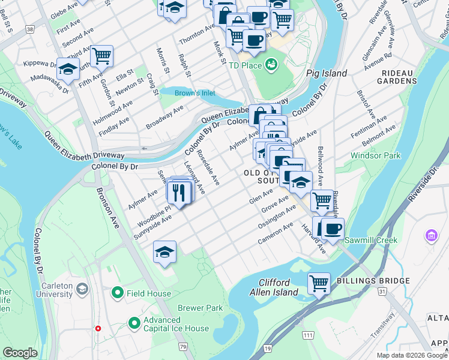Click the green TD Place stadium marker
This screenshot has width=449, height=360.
coord(271,63)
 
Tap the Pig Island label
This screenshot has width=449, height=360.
coord(327,73)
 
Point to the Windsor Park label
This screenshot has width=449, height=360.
coord(375,155)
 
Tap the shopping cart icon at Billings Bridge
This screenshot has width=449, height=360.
coord(319,282)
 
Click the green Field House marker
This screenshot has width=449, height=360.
coord(118,293)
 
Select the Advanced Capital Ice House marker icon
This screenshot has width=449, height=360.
coord(134,323)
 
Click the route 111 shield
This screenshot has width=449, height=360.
coord(308,334)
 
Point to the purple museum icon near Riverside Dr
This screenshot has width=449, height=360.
coord(431,236)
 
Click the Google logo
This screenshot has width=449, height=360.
coord(20,353)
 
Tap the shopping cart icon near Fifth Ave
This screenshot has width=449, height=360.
coord(101,56)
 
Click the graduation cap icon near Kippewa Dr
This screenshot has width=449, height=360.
coord(68,69)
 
